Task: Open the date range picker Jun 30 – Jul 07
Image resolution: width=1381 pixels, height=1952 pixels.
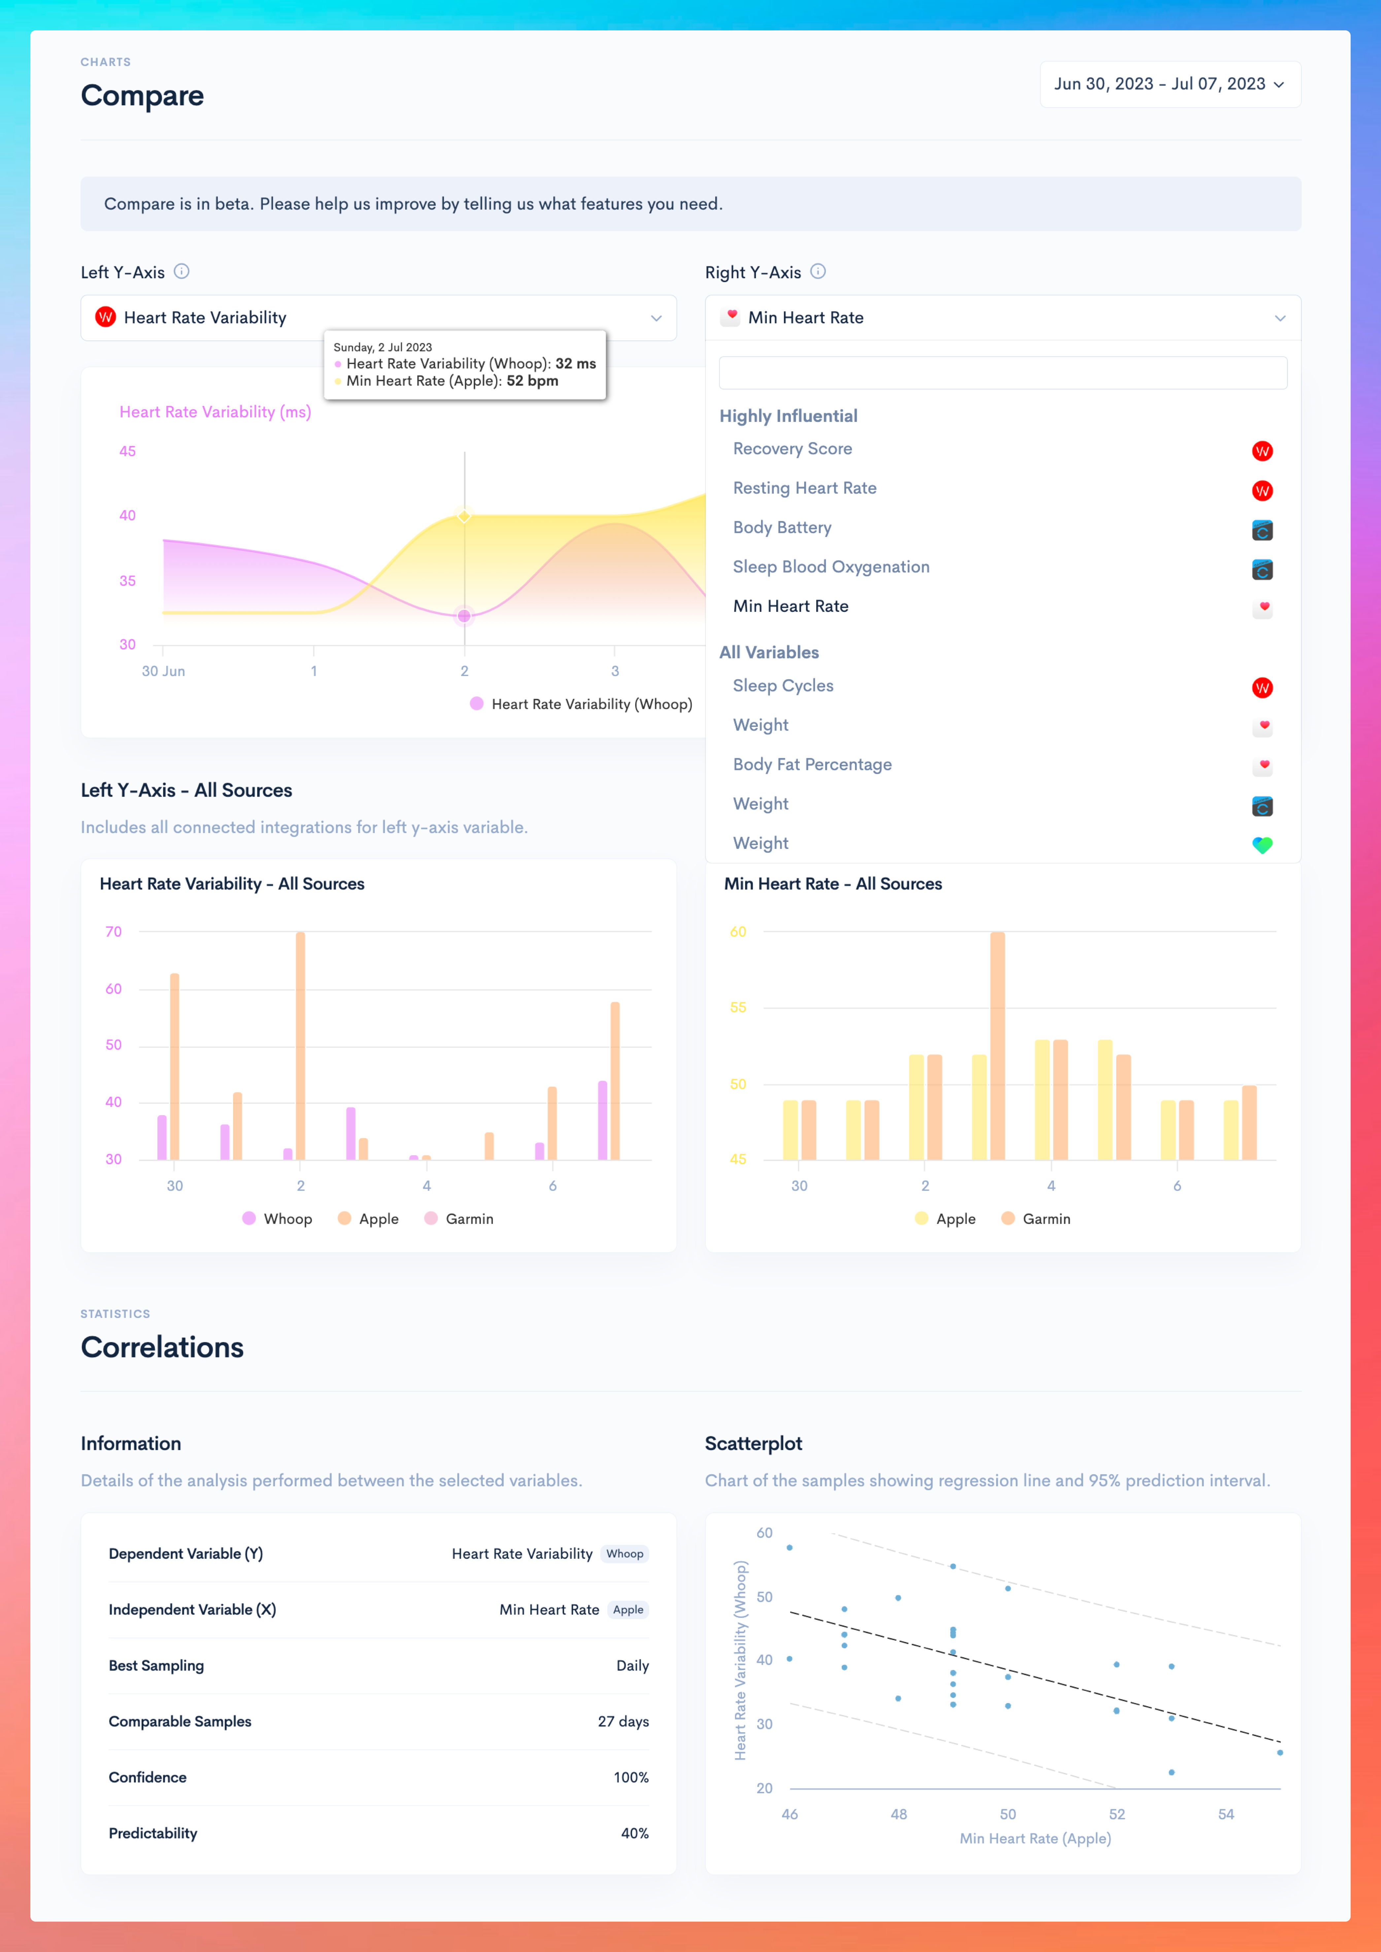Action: pyautogui.click(x=1170, y=84)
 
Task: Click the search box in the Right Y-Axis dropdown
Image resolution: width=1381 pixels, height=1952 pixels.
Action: pyautogui.click(x=1003, y=372)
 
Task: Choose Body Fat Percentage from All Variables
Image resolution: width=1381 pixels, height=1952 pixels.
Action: pyautogui.click(x=812, y=765)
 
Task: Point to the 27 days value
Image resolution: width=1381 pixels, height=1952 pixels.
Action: pyautogui.click(x=623, y=1722)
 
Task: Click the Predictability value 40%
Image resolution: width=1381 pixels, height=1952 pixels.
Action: pyautogui.click(x=634, y=1833)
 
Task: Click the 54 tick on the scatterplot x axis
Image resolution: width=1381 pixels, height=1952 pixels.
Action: pyautogui.click(x=1226, y=1814)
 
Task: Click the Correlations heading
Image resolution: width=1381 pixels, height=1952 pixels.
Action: pyautogui.click(x=162, y=1347)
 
